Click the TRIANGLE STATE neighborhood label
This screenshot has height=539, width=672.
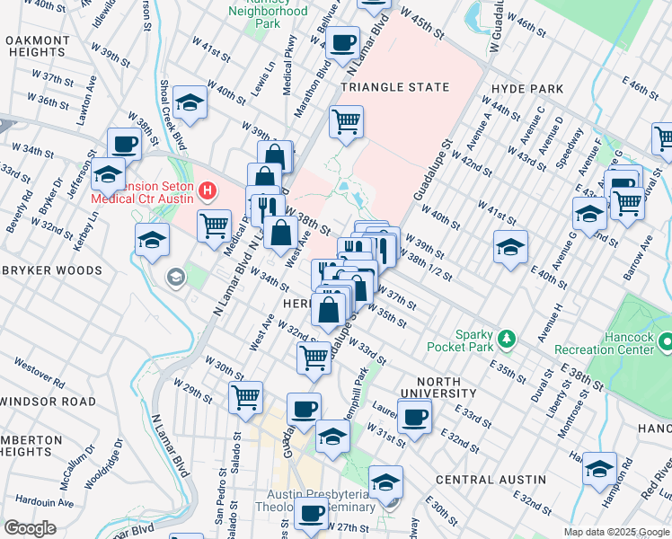click(394, 87)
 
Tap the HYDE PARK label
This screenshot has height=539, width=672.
click(527, 89)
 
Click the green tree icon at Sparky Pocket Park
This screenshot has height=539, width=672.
click(508, 338)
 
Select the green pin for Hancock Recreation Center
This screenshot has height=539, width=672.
click(665, 342)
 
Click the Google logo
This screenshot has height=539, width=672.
click(30, 528)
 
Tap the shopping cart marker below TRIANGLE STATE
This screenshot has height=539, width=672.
click(346, 120)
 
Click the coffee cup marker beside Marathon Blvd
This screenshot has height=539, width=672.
click(341, 42)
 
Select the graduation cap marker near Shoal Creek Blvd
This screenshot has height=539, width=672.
click(190, 102)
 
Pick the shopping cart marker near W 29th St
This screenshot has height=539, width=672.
click(245, 396)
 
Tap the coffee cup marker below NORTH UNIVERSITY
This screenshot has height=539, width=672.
click(414, 415)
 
